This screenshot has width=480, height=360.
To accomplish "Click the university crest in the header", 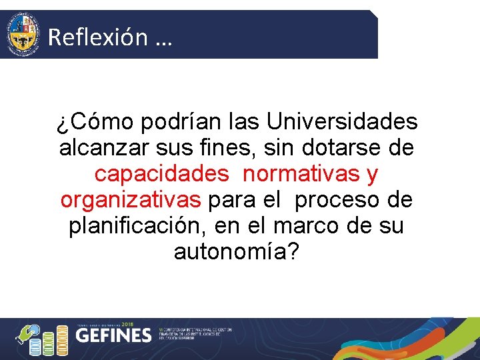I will (22, 34).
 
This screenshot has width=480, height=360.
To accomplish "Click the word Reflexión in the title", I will (97, 37).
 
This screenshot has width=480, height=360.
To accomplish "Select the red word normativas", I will (302, 174).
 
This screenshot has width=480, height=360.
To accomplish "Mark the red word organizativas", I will (130, 200).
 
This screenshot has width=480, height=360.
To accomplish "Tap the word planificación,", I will (138, 226).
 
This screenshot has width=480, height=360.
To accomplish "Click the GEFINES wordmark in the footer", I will (114, 335).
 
